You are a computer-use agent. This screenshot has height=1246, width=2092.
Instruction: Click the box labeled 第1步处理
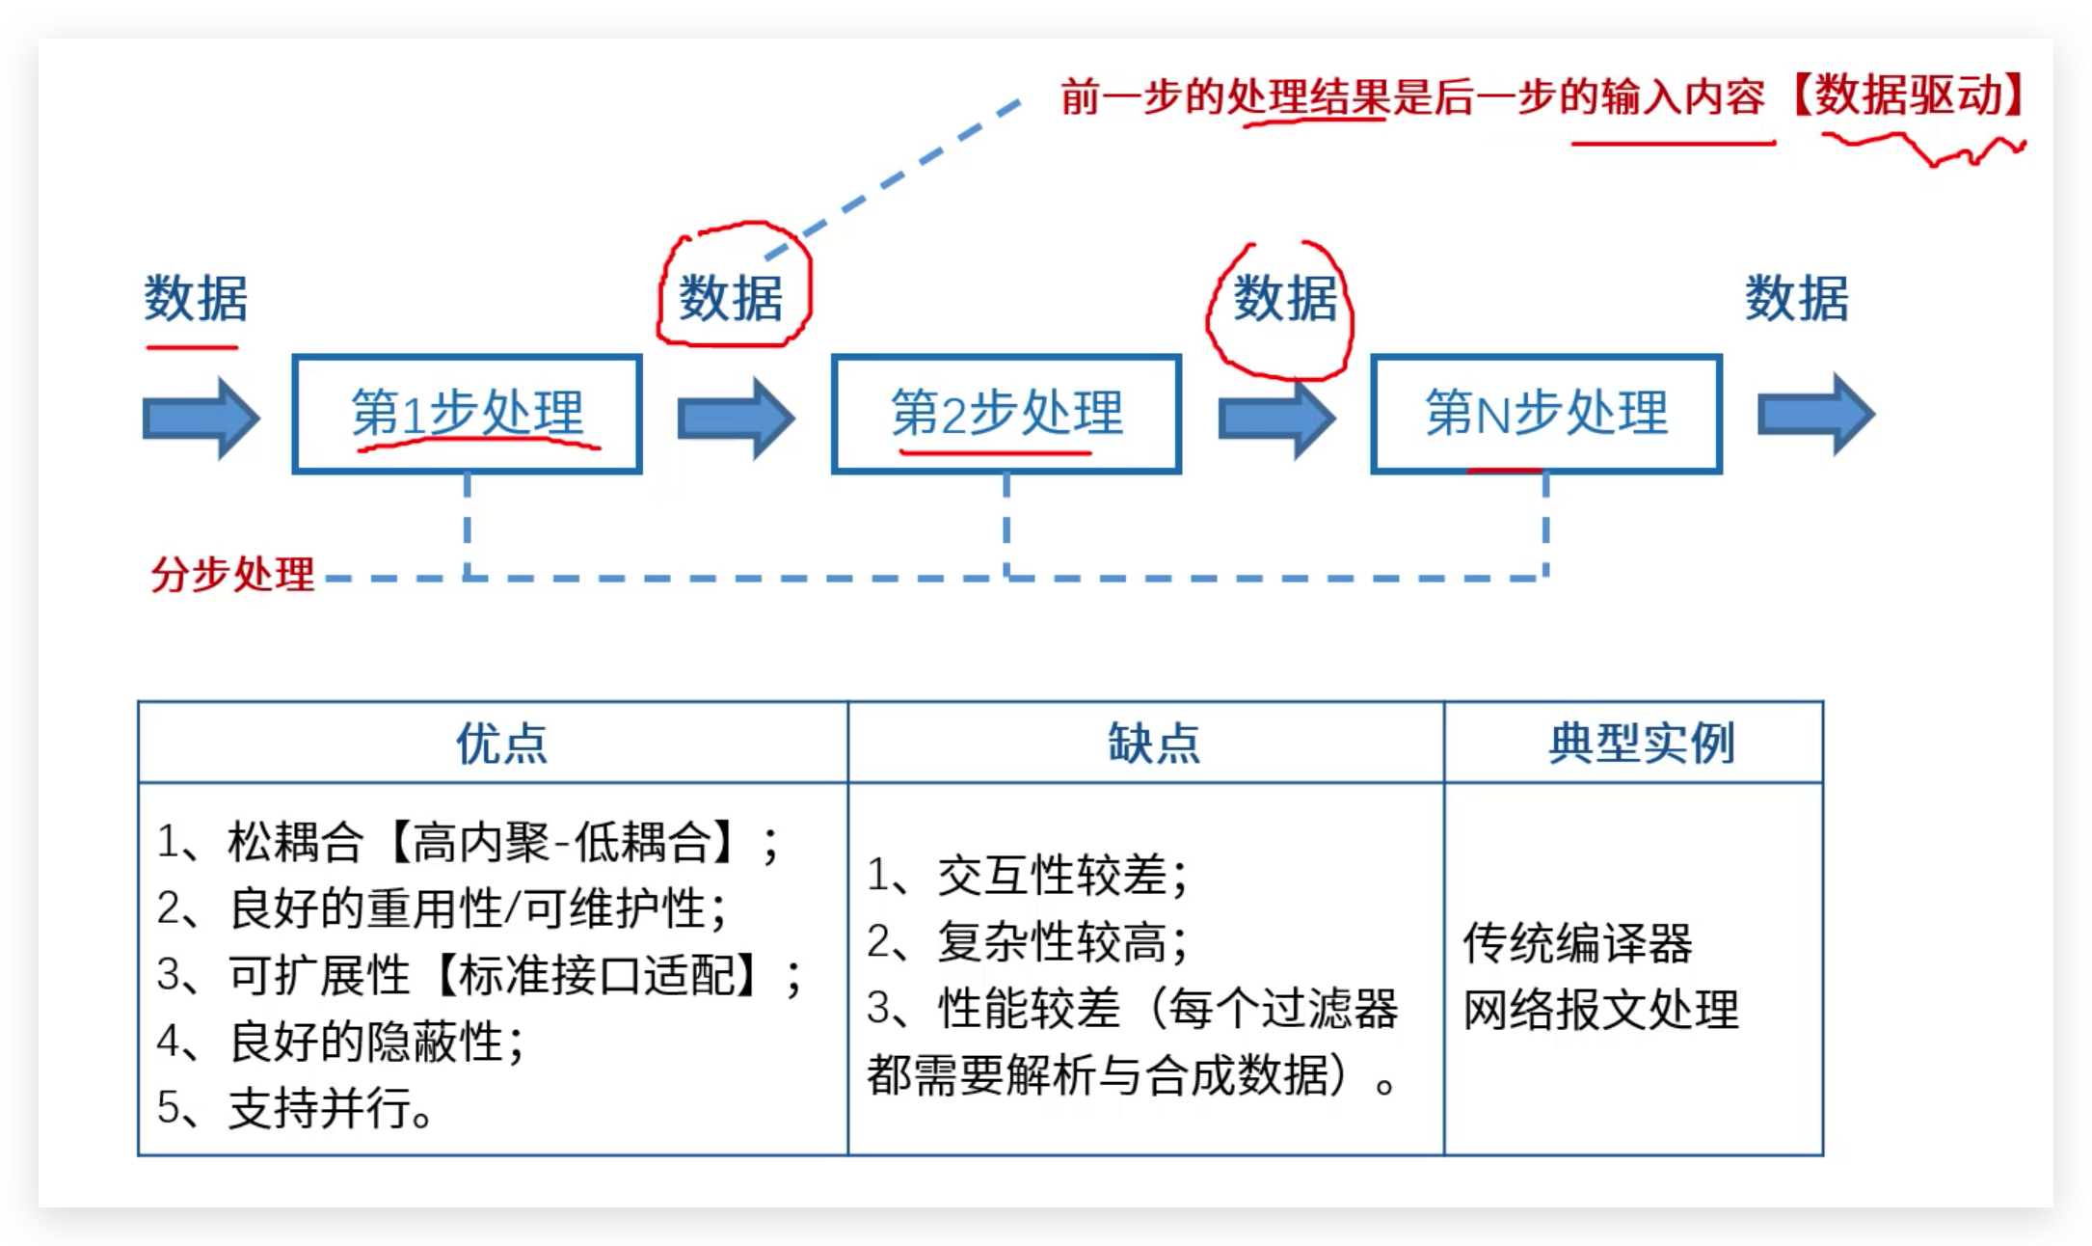click(467, 414)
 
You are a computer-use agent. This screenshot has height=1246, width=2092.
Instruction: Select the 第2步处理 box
click(1006, 414)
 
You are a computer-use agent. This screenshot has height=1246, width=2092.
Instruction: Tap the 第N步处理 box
click(1546, 414)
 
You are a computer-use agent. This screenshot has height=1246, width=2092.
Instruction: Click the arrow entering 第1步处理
click(201, 418)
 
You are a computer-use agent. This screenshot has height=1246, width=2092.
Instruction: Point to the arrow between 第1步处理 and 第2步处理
click(736, 418)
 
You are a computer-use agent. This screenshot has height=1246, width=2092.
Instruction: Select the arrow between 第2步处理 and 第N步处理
click(1276, 418)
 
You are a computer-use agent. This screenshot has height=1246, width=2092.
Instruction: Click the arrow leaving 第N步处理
click(1815, 416)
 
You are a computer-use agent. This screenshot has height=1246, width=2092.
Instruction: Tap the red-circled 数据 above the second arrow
click(732, 297)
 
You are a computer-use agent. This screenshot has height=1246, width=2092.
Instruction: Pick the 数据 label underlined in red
click(196, 297)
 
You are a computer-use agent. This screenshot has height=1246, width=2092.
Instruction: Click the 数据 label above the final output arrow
click(1797, 297)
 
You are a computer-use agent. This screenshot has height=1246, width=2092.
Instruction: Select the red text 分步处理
click(232, 575)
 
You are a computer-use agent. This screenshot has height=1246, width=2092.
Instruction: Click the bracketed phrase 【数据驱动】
click(1909, 96)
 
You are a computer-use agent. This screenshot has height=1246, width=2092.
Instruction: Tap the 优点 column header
click(501, 744)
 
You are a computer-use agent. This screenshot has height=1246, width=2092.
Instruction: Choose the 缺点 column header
click(1154, 744)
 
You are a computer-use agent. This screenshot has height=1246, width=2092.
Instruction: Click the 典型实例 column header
click(1641, 744)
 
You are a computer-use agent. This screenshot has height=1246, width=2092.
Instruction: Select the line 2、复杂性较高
click(1027, 942)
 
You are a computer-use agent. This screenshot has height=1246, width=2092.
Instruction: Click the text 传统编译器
click(1577, 943)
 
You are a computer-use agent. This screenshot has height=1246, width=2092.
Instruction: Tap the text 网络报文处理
click(1600, 1010)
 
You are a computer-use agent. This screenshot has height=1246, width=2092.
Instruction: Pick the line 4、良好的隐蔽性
click(340, 1042)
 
